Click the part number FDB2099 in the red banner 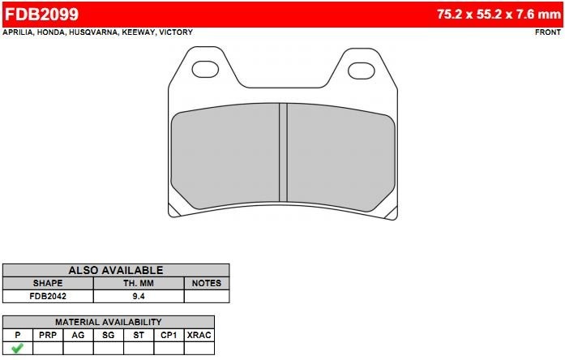point(41,15)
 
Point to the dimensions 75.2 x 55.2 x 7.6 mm point(499,15)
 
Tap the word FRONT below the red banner point(548,32)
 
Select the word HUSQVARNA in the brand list point(93,32)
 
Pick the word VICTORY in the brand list point(176,32)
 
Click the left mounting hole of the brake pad point(205,70)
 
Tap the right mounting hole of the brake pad point(362,71)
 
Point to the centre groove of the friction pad point(283,152)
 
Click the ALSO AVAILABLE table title point(116,270)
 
